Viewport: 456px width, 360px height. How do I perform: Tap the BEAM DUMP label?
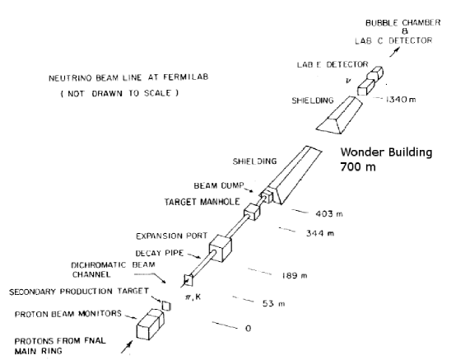(x=217, y=187)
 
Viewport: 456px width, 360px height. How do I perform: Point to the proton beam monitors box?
(x=148, y=322)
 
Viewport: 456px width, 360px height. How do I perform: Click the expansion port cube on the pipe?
(x=221, y=248)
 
